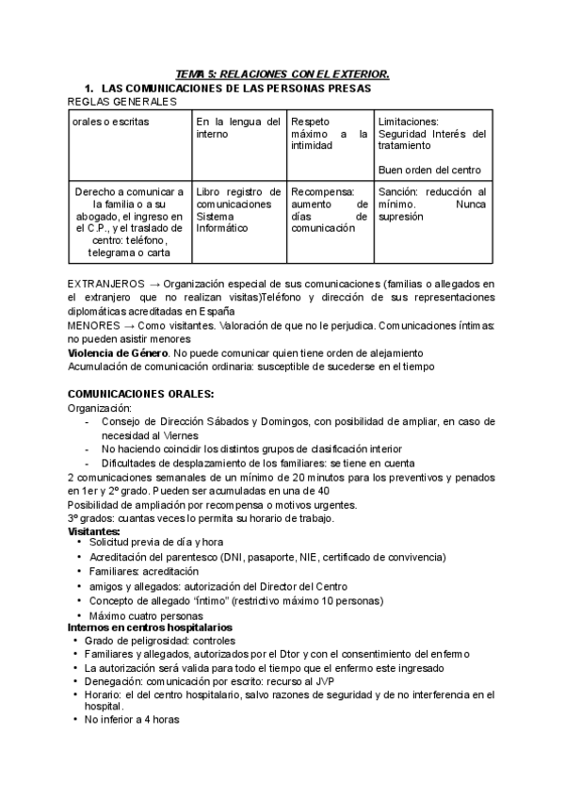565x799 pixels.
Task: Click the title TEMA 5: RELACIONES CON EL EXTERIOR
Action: click(x=282, y=74)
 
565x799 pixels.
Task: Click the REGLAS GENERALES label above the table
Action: click(x=122, y=100)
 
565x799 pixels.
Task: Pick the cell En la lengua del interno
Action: click(x=237, y=128)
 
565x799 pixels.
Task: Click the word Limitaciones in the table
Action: click(x=408, y=122)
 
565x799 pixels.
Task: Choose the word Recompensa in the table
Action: click(x=322, y=191)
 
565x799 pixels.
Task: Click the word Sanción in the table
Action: click(x=398, y=191)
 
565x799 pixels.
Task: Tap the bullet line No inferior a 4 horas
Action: click(x=132, y=719)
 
